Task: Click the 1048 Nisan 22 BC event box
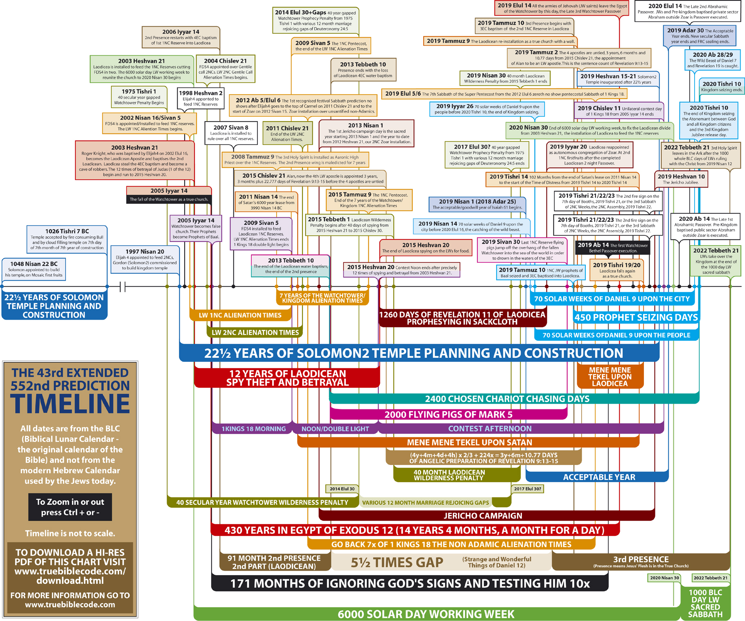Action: [34, 269]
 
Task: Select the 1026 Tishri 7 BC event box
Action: [67, 239]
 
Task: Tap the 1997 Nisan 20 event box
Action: [145, 260]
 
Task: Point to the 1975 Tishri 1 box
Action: [139, 97]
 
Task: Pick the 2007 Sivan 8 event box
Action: [231, 133]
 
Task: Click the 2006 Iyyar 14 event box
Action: [181, 37]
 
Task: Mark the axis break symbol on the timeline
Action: [122, 287]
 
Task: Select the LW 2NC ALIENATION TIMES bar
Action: [255, 332]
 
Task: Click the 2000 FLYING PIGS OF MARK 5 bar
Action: [448, 415]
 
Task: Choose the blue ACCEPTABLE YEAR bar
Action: [599, 477]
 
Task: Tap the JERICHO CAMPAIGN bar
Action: [483, 516]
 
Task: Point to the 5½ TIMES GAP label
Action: [397, 563]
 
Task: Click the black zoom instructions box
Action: [70, 507]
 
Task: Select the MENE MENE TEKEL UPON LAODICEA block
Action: [610, 377]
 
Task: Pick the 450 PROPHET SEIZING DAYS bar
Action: [636, 318]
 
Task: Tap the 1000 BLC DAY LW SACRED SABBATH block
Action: [705, 603]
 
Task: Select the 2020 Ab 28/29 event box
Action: [713, 60]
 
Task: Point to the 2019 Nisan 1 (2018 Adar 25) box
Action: [477, 204]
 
